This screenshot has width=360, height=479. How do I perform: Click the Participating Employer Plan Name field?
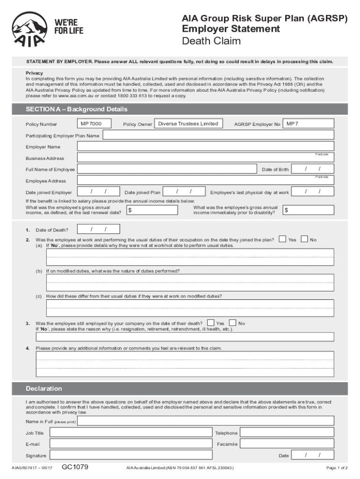coord(218,135)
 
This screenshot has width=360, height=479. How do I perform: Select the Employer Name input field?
coord(206,146)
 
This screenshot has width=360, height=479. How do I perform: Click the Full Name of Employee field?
coord(167,169)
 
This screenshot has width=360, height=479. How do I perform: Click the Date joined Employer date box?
coord(98,192)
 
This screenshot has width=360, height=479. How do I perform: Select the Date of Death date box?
coord(98,229)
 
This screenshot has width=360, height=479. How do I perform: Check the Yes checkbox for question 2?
coord(282,239)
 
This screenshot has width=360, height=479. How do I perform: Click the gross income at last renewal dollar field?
coord(152,210)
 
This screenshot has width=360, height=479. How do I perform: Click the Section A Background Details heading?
coord(77,109)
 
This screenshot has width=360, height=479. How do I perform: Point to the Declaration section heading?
coord(44,389)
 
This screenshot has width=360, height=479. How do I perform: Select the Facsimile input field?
coord(287,443)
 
